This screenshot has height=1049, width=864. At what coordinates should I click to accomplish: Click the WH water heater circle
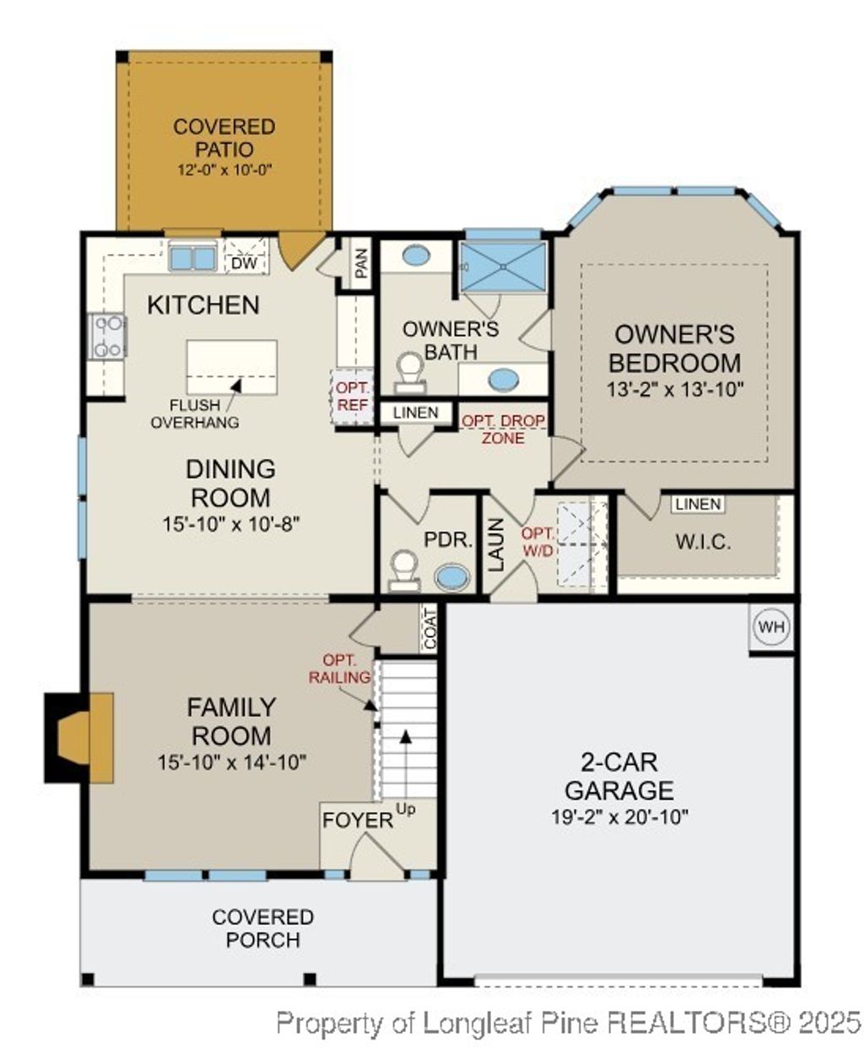[771, 628]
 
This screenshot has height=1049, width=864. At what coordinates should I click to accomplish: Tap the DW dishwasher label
[244, 263]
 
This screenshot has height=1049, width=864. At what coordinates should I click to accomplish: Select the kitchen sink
[192, 257]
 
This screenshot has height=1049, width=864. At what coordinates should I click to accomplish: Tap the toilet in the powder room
[403, 570]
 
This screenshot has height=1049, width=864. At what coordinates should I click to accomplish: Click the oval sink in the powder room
[454, 577]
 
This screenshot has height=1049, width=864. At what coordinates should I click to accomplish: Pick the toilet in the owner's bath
[410, 372]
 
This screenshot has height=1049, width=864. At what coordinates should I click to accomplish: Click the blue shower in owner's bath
[504, 267]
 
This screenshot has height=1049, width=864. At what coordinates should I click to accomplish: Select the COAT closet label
[430, 629]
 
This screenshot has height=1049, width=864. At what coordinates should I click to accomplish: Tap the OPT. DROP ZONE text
[503, 430]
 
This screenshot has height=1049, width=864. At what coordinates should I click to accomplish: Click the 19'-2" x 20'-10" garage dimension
[619, 817]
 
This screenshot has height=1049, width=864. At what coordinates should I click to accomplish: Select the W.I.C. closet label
[703, 541]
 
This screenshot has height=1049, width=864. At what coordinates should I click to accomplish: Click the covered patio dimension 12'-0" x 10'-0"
[224, 170]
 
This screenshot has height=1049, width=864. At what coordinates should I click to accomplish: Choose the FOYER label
[358, 819]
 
